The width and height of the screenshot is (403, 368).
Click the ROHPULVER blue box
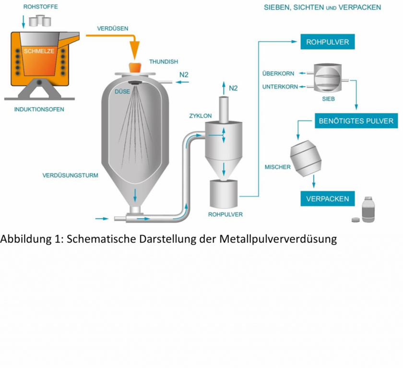(328, 42)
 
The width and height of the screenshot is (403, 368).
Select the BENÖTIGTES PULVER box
(356, 121)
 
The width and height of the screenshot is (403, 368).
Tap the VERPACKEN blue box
(328, 198)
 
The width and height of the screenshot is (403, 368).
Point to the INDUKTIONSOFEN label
(39, 109)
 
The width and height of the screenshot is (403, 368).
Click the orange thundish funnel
(135, 67)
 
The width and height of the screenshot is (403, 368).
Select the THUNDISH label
(164, 61)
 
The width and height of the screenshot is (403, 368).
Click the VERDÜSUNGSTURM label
(70, 175)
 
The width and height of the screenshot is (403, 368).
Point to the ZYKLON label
(201, 116)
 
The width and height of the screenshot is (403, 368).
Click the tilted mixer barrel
(305, 159)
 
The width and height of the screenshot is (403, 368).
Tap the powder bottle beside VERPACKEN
(368, 210)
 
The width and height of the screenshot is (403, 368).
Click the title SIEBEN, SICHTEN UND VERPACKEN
(322, 7)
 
